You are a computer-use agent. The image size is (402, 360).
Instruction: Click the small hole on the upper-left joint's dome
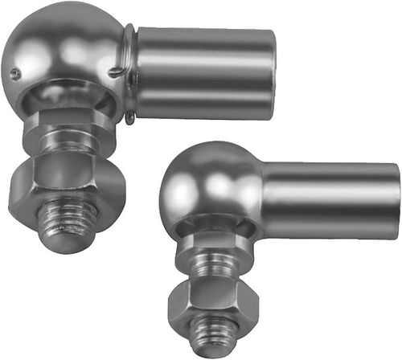pos(15,75)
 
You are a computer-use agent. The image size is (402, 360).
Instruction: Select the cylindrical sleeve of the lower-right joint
pos(330,201)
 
